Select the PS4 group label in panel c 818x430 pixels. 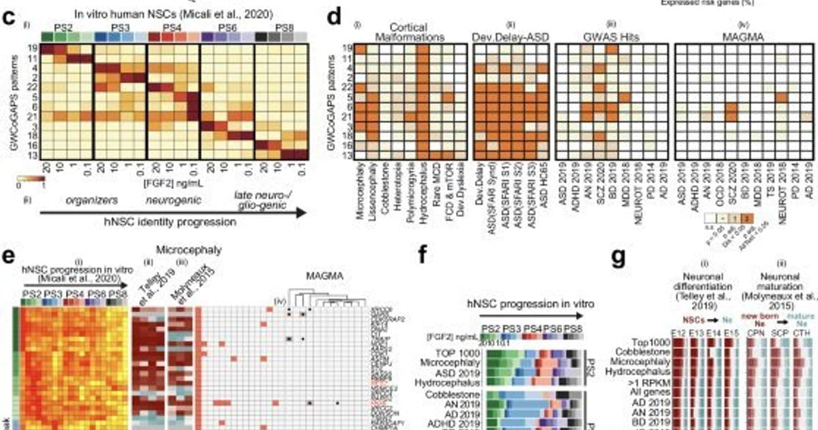pos(173,26)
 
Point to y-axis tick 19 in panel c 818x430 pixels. pos(31,48)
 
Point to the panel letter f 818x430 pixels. pos(423,258)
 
